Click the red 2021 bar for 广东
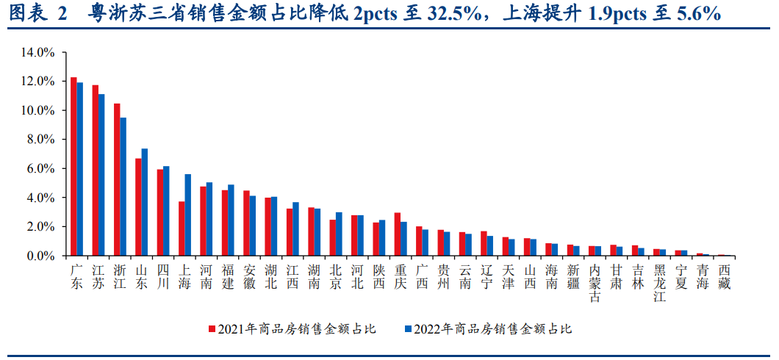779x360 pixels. coord(73,167)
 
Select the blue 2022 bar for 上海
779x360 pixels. coord(188,215)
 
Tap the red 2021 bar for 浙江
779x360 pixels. coord(117,180)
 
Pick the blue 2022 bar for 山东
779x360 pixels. coord(145,202)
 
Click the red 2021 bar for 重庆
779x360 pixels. coord(398,234)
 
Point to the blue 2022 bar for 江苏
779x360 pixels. coord(101,175)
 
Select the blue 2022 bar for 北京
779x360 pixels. coord(339,234)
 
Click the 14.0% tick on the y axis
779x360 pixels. coord(39,52)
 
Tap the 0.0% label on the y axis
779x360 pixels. coord(41,256)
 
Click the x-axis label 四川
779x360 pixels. coord(163,277)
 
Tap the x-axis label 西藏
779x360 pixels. coord(725,277)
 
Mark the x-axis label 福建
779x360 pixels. coord(228,277)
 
